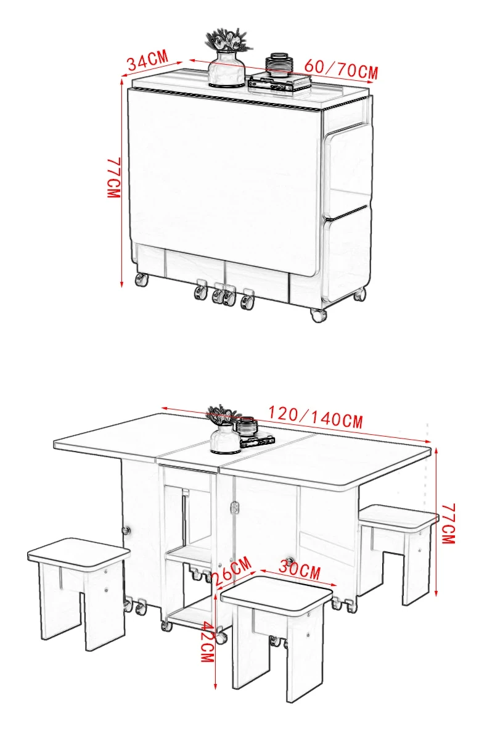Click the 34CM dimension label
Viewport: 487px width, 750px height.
(x=148, y=60)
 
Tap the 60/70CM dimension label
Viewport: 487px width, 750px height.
(x=341, y=70)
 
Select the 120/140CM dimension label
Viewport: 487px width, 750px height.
(x=316, y=417)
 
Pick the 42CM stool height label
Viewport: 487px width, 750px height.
(x=208, y=641)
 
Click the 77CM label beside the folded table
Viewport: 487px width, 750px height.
(x=114, y=178)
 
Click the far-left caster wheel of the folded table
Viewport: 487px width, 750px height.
(x=141, y=280)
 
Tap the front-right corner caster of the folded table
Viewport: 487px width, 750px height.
(x=318, y=315)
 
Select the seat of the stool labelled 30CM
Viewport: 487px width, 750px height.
(x=277, y=594)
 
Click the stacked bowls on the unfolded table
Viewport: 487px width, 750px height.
(x=247, y=426)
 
